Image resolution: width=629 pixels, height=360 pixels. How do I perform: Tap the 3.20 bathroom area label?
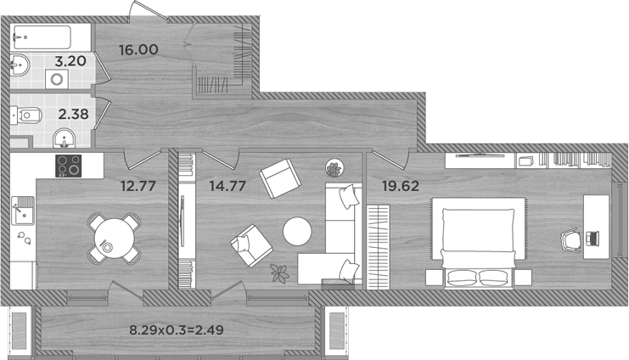(71, 61)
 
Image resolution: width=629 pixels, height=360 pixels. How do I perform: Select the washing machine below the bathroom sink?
(58, 79)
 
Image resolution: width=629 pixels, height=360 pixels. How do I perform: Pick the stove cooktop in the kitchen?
(69, 165)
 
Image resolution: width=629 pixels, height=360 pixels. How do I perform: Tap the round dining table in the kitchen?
(111, 235)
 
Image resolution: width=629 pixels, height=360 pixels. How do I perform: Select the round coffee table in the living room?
(298, 232)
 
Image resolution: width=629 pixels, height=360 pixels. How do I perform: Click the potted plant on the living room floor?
(278, 273)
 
